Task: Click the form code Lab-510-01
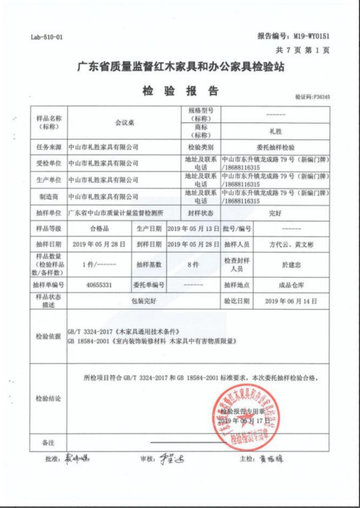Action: (x=47, y=37)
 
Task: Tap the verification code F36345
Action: (x=313, y=97)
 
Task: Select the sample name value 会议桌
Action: (x=124, y=123)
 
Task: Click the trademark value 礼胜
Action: (x=275, y=131)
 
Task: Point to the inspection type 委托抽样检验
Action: (x=275, y=148)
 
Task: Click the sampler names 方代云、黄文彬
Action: (x=275, y=245)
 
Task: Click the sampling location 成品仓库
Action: (x=275, y=285)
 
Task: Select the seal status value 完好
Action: (x=275, y=213)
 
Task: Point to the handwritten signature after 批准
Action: (x=76, y=459)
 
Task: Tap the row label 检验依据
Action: (x=49, y=336)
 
